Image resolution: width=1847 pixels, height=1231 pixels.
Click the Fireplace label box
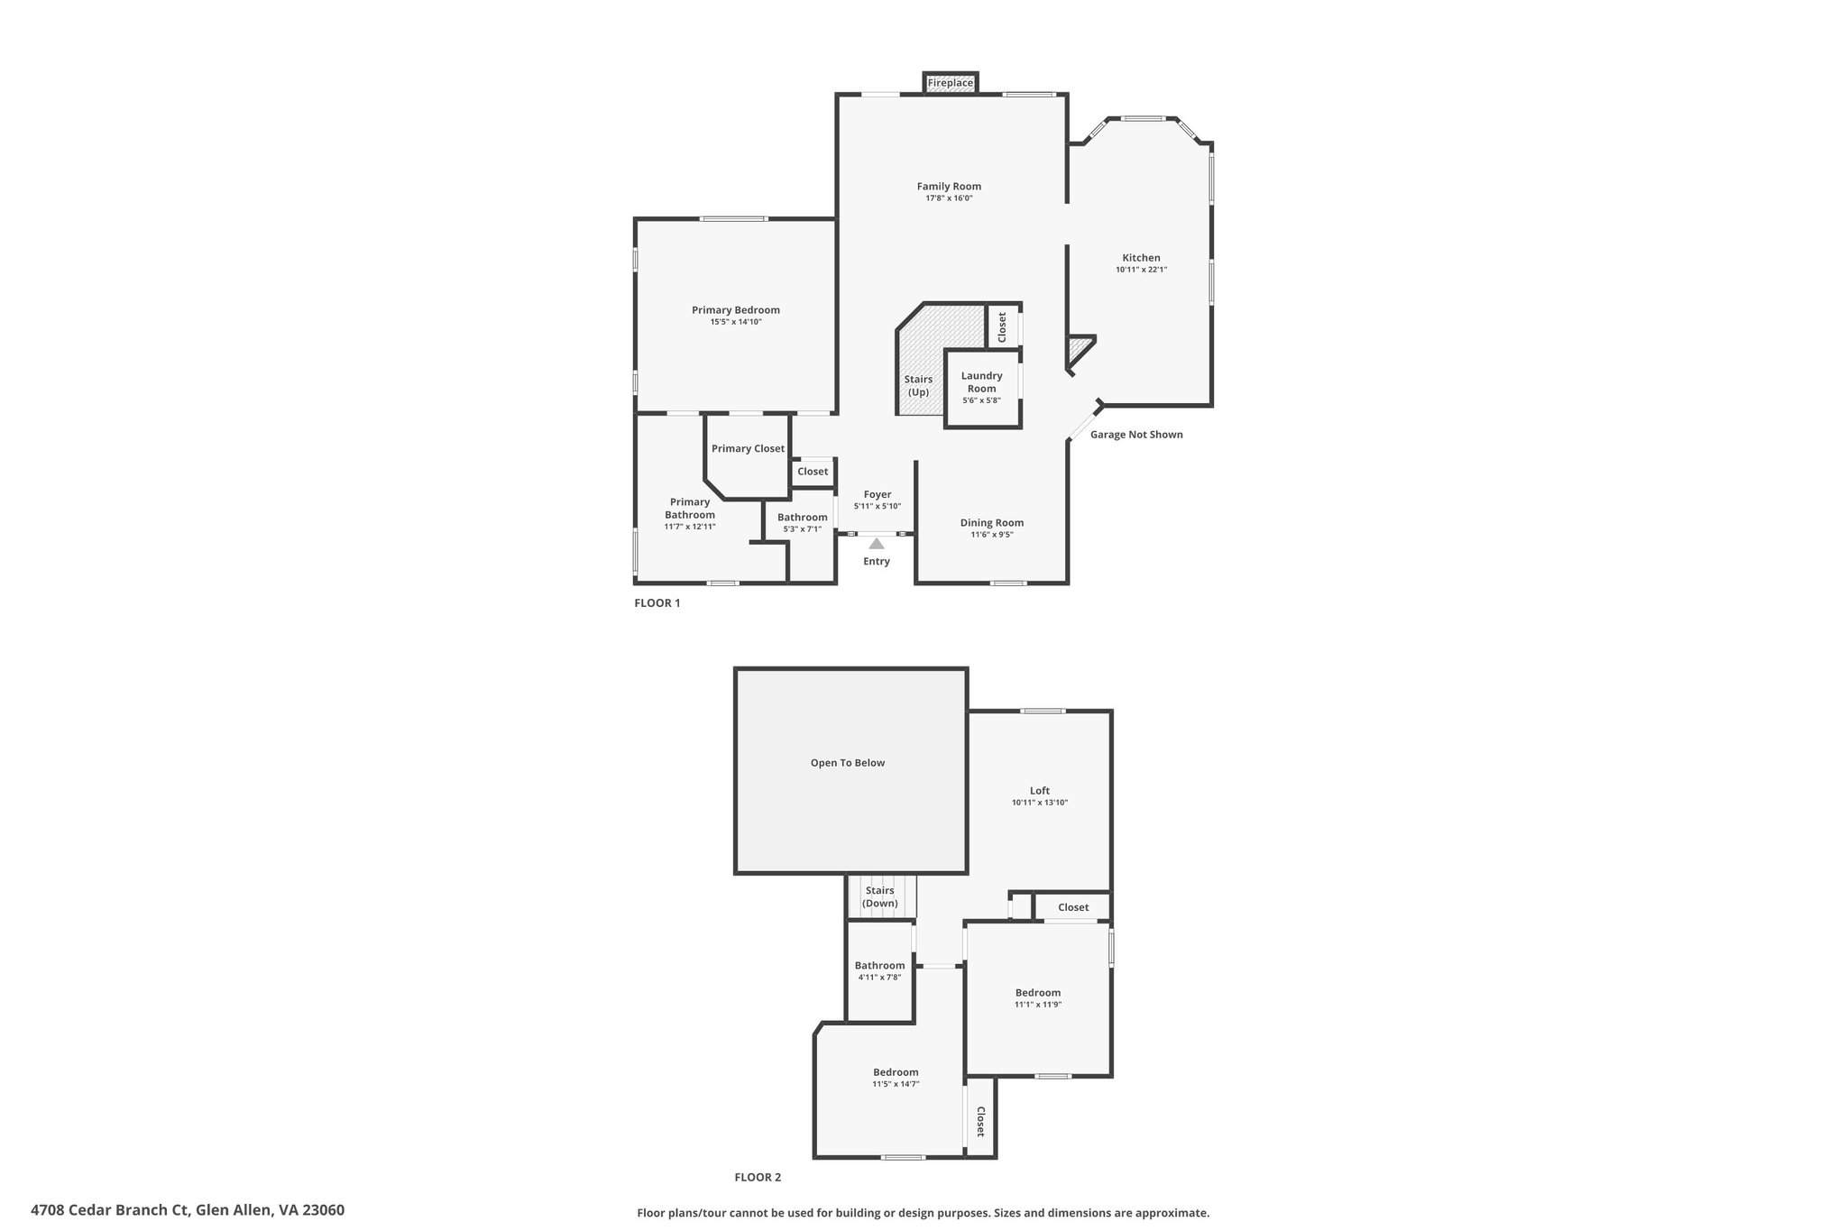pos(951,83)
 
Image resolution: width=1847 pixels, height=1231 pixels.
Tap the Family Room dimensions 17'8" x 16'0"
pos(949,198)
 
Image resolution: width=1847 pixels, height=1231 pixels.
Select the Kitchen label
pos(1141,258)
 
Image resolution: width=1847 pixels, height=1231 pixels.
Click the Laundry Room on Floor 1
pos(981,387)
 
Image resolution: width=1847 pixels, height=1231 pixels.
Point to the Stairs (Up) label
pos(918,386)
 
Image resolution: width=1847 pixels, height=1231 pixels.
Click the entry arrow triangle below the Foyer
pos(876,544)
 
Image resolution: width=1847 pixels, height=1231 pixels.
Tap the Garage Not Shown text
pos(1135,435)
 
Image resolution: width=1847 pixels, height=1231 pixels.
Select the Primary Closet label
pos(748,449)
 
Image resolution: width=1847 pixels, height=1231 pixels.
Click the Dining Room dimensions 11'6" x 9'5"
pos(991,535)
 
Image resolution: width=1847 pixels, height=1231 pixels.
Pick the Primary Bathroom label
pos(689,509)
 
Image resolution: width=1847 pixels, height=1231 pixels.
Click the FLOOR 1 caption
pos(657,603)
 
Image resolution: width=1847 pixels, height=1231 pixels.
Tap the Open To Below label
pos(847,763)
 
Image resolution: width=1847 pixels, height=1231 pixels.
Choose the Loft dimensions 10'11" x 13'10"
pos(1039,803)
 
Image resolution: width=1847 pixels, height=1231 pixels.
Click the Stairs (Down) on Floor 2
pos(879,896)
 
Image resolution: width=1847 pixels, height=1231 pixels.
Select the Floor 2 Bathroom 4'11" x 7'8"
pos(879,977)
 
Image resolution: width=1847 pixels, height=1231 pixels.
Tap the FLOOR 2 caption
pos(758,1178)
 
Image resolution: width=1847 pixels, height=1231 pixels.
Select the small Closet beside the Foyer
pos(812,472)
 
